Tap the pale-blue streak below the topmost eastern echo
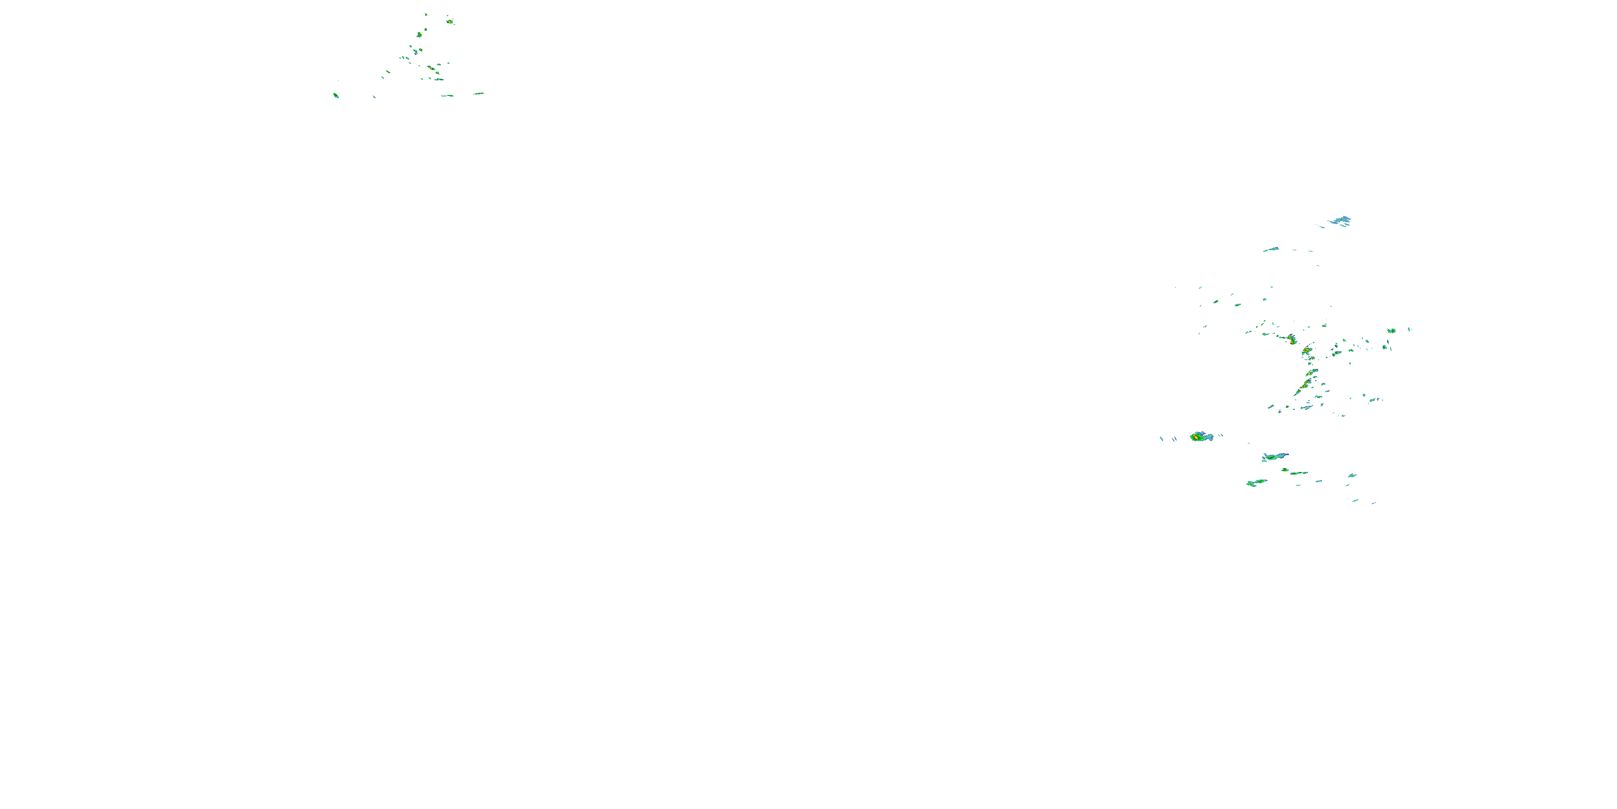[1271, 249]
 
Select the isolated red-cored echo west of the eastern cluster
[1200, 436]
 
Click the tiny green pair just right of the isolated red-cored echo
[1220, 435]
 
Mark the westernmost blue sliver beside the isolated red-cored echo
[1162, 438]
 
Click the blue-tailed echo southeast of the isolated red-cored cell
[1274, 457]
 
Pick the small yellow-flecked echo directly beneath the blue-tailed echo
[1285, 469]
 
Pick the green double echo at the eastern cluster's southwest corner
[1255, 482]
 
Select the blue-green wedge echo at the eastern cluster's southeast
[1351, 476]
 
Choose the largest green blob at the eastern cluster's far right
[1392, 331]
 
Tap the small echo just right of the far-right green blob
[1410, 329]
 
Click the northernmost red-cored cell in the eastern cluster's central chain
[1291, 339]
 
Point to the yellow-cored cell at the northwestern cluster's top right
[450, 22]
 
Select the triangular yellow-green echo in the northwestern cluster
[419, 35]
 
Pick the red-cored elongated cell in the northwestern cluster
[431, 68]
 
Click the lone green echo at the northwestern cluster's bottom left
[336, 95]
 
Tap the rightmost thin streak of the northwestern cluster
[478, 94]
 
